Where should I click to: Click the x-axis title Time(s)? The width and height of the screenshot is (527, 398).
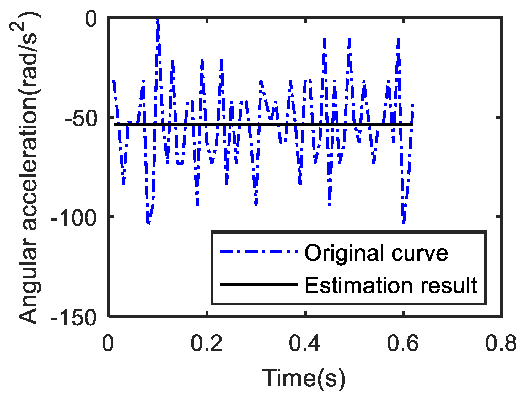coord(304,378)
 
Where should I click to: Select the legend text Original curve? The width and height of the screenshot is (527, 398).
coord(376,253)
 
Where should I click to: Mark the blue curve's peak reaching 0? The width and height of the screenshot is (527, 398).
coord(158,20)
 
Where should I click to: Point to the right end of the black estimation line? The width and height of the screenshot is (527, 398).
coord(413,125)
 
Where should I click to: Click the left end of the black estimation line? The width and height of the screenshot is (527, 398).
coord(114,125)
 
